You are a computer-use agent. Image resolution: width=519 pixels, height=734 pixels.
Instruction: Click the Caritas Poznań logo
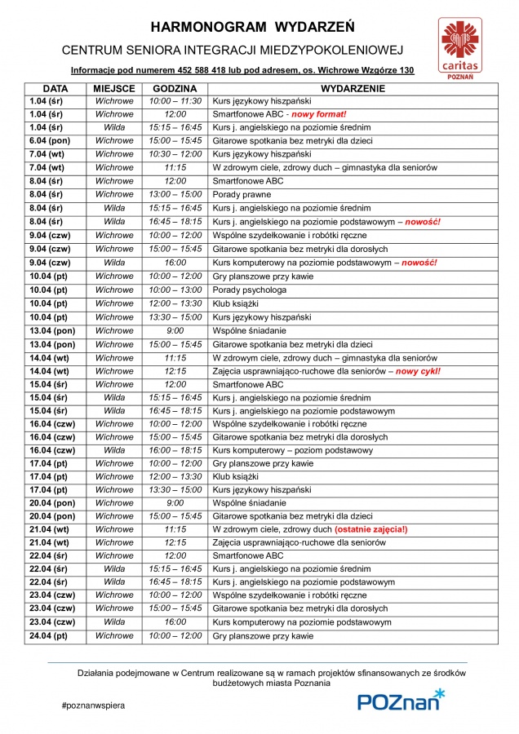coord(462,46)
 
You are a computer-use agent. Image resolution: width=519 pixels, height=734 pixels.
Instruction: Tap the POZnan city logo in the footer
coord(401,701)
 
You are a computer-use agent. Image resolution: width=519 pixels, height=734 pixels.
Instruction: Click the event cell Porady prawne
coord(237,194)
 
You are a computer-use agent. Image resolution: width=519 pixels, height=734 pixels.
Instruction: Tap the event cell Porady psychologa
coord(249,290)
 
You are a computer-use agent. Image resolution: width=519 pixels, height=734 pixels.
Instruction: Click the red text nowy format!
coord(319,114)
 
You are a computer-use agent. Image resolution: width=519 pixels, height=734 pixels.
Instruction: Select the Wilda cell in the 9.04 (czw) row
coord(114,263)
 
